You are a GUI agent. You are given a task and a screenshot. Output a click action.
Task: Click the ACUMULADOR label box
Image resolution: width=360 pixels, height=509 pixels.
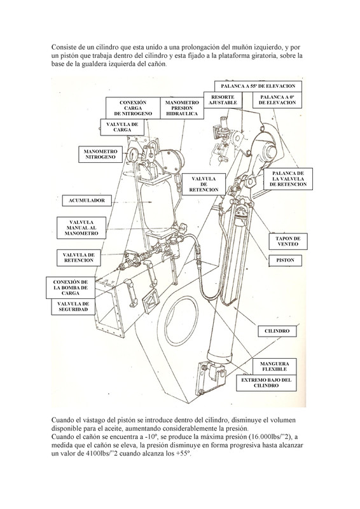(87, 200)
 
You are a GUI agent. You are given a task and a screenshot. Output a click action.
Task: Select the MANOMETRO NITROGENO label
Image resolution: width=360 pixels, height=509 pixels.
(100, 154)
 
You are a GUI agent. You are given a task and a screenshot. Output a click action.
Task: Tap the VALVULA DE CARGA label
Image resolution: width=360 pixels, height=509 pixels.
(122, 127)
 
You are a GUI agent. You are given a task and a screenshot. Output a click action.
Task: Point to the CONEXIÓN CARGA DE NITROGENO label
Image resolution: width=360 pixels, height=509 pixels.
(133, 108)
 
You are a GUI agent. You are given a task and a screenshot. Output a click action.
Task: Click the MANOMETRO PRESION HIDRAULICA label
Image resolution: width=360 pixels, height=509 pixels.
(182, 108)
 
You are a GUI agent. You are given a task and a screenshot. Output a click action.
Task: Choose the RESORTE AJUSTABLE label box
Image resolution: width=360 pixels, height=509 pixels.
(223, 100)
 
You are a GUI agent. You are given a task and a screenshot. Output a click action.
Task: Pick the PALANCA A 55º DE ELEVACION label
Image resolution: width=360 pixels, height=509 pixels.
(258, 87)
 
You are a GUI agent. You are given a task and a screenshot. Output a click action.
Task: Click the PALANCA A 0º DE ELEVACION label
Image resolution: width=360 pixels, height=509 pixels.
(277, 100)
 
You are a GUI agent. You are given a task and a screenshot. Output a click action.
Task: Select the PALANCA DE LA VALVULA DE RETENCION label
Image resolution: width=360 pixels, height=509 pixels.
(288, 179)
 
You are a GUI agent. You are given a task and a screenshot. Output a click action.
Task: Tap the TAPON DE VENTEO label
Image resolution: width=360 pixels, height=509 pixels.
(288, 242)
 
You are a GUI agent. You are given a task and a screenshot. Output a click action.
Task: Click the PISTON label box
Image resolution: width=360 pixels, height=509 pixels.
(286, 260)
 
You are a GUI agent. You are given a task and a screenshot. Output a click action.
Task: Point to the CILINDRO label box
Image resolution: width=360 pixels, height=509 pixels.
(277, 331)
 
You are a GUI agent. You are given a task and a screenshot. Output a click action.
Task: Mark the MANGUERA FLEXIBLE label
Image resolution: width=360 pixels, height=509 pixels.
(274, 366)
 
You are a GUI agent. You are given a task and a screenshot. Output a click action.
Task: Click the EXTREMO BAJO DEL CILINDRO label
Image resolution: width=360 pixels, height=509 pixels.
(267, 383)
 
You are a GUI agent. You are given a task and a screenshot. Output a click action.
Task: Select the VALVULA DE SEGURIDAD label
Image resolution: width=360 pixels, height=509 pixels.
(73, 307)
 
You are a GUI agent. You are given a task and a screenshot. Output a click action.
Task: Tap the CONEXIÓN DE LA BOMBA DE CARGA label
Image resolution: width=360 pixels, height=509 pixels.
(71, 288)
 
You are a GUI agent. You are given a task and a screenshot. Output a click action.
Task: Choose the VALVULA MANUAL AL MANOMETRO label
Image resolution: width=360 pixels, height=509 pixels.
(81, 228)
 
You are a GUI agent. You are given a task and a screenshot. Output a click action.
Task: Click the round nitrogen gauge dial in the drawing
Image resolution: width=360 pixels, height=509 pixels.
(132, 155)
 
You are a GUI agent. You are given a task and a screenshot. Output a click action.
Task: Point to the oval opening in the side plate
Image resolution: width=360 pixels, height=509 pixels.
(181, 322)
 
